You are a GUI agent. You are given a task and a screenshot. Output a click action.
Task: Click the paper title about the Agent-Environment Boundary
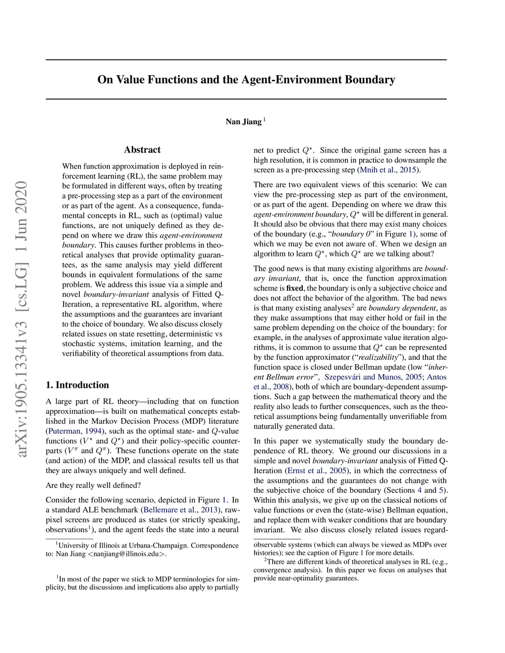[x=246, y=79]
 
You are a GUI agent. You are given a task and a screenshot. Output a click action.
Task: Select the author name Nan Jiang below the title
[x=243, y=122]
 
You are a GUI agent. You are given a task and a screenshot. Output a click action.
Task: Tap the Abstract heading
[x=142, y=150]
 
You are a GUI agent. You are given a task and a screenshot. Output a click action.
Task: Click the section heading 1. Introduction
[x=77, y=385]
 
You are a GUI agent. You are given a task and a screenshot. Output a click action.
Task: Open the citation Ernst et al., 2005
[x=317, y=470]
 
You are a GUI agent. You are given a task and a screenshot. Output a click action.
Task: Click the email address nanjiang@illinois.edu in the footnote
[x=127, y=553]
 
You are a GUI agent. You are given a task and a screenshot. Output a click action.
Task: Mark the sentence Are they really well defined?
[x=93, y=485]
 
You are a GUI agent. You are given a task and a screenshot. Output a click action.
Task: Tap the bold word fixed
[x=294, y=288]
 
